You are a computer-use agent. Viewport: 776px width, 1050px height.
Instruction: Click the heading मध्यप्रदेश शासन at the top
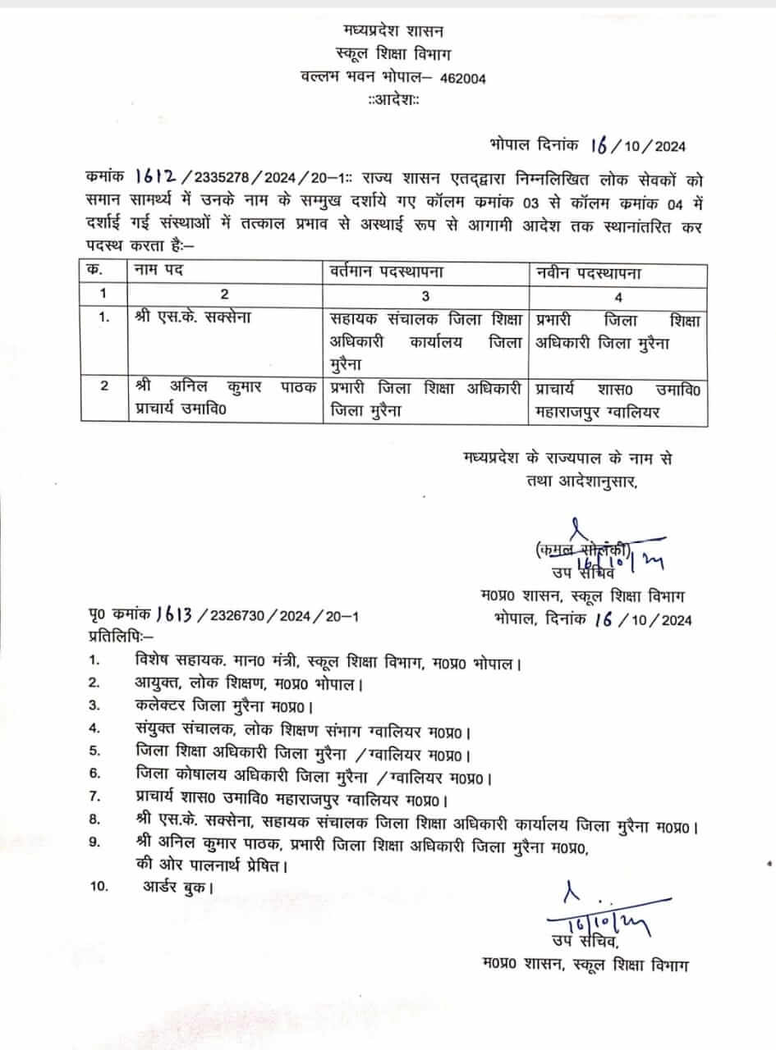tap(393, 31)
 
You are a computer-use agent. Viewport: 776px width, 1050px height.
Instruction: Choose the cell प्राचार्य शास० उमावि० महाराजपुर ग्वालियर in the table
tap(618, 398)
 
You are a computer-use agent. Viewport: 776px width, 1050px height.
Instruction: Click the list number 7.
tap(94, 797)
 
